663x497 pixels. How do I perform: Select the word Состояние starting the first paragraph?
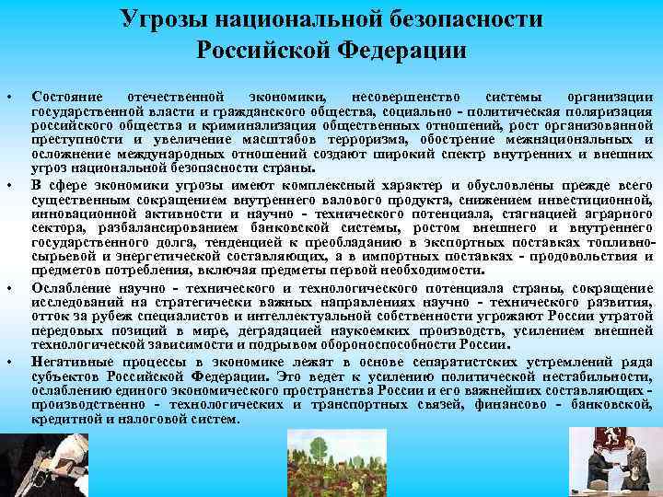coord(64,96)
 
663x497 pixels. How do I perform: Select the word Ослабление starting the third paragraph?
coord(67,287)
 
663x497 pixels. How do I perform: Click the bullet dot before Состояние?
coord(8,97)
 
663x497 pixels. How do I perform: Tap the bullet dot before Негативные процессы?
coord(8,362)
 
